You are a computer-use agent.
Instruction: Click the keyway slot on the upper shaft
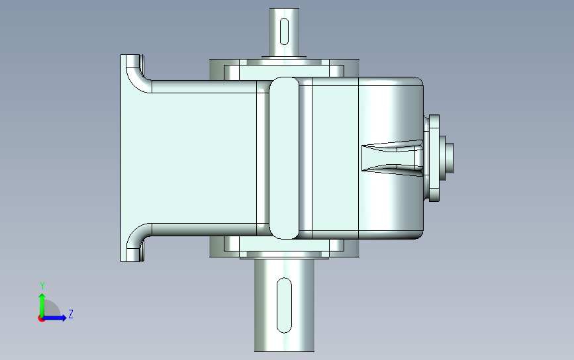[284, 31]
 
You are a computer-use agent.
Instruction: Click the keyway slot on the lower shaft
[284, 306]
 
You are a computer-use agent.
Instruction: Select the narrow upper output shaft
[284, 32]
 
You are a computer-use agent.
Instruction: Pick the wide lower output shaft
[284, 305]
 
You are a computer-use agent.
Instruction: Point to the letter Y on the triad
[42, 286]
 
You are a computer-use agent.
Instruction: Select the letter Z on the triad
[71, 314]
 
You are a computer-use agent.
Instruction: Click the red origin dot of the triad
[41, 319]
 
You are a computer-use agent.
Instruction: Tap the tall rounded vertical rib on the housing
[284, 158]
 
